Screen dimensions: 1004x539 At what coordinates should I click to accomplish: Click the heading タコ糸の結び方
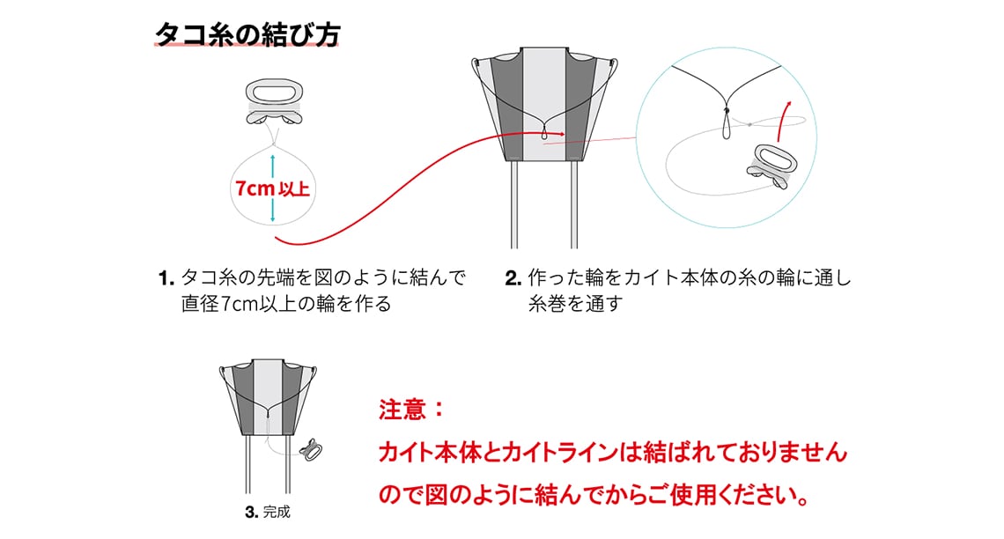(247, 33)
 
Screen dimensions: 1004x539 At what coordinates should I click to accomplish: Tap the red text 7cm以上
(272, 188)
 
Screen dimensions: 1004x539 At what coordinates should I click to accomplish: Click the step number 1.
(165, 279)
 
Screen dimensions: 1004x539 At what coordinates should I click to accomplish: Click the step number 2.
(513, 279)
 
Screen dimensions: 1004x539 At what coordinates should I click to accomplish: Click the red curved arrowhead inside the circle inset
(787, 105)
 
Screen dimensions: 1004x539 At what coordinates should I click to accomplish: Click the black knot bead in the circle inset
(727, 112)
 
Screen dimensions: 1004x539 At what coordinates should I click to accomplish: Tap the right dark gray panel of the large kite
(578, 101)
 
